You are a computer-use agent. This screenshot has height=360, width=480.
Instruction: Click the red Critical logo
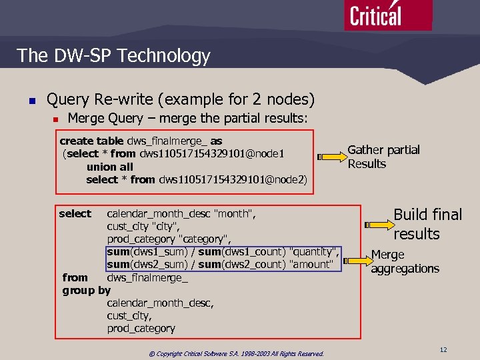(388, 15)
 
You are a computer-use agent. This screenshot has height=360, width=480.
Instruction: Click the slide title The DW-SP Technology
(113, 56)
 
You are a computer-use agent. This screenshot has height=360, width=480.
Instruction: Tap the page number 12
(443, 349)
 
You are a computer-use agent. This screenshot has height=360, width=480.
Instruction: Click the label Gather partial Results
(383, 157)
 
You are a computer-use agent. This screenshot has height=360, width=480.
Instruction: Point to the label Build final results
(427, 224)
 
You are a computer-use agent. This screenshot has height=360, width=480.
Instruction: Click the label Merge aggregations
(405, 261)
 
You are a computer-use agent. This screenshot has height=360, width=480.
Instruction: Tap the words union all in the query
(109, 167)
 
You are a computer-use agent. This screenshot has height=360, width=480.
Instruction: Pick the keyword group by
(86, 290)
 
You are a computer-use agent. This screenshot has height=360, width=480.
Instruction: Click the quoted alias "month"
(235, 214)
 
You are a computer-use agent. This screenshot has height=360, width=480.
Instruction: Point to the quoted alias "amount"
(312, 265)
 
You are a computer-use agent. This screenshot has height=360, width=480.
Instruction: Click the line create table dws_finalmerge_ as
(141, 141)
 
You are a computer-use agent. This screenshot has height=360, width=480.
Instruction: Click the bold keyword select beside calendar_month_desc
(75, 214)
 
